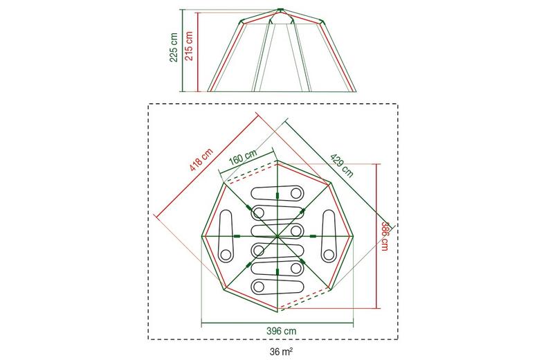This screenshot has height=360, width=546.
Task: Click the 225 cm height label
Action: click(x=174, y=47)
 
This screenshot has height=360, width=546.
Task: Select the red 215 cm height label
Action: click(x=189, y=46)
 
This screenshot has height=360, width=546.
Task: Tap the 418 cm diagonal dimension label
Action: click(x=201, y=160)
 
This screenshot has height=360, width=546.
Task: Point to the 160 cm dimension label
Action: click(x=243, y=158)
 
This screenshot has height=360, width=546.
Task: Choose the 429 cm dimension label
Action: click(x=342, y=165)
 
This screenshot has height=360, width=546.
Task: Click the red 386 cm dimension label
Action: click(x=385, y=236)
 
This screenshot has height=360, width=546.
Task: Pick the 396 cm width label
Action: click(x=282, y=331)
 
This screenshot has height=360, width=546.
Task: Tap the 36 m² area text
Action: click(x=281, y=351)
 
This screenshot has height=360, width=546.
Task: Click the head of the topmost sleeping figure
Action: click(x=295, y=192)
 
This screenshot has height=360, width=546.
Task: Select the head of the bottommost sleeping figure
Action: click(x=259, y=287)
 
